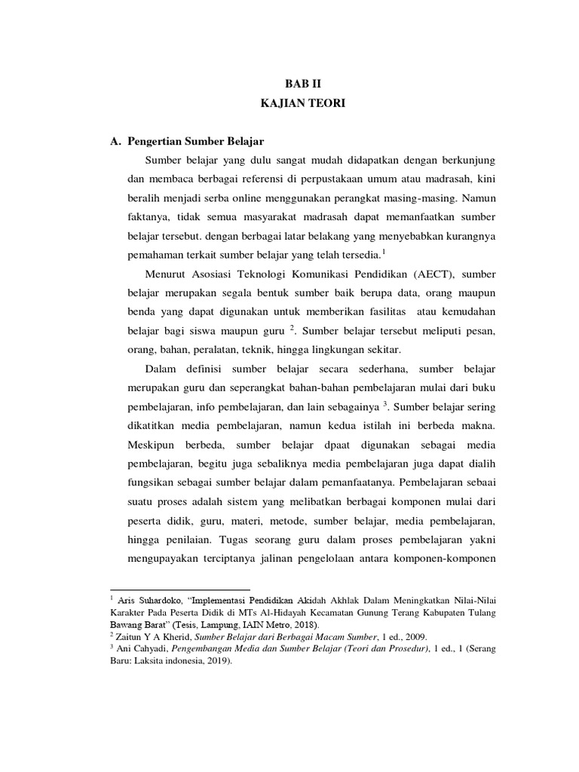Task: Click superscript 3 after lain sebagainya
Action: point(385,403)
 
